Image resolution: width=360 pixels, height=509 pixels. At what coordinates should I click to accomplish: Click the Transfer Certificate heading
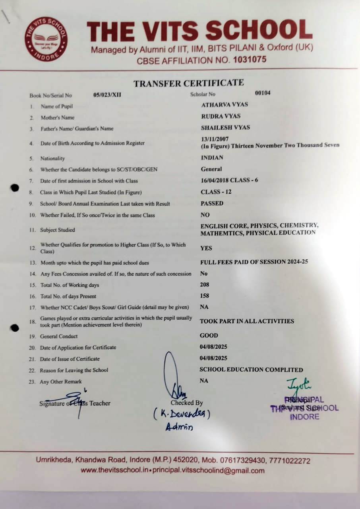click(188, 83)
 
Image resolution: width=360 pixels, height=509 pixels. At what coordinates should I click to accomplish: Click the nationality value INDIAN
click(212, 157)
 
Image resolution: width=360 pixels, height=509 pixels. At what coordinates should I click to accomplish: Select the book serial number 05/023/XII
click(107, 95)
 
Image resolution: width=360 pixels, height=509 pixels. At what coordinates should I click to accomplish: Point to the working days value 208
click(205, 285)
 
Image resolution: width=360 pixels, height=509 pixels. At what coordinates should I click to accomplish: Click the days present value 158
click(205, 296)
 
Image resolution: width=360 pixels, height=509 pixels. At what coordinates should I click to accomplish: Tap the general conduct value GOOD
click(209, 335)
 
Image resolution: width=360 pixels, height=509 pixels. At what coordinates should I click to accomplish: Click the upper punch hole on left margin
click(15, 188)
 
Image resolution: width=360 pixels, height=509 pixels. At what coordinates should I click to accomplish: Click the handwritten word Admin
click(179, 427)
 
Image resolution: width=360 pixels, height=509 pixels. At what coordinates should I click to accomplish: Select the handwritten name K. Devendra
click(182, 414)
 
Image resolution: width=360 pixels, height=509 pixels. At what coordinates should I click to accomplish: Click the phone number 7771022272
click(290, 461)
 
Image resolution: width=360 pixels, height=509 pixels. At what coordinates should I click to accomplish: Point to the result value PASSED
click(212, 203)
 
